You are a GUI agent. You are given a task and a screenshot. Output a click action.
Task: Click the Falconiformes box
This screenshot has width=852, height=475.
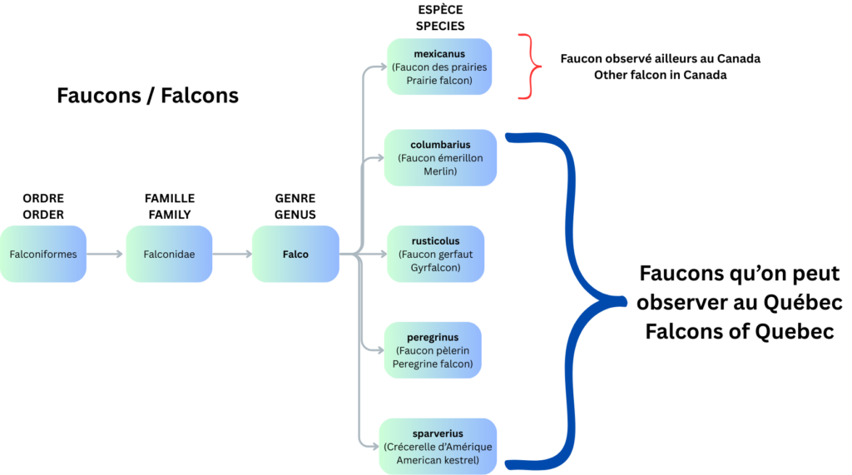point(43,254)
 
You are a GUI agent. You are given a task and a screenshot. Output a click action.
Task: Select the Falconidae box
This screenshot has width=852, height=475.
point(169,254)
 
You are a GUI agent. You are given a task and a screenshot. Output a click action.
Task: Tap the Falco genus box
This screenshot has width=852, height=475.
point(295,254)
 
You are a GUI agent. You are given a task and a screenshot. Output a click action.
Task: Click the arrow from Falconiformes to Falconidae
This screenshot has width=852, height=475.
point(106,254)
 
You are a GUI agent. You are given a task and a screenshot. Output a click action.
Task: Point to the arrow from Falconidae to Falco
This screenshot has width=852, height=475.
point(232,254)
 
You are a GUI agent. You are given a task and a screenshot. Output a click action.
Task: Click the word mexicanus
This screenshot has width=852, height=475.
point(439,54)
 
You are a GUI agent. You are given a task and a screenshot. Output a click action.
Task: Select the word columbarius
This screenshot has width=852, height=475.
point(440,145)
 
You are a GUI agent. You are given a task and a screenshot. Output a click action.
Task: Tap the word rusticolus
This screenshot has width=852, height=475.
point(435,241)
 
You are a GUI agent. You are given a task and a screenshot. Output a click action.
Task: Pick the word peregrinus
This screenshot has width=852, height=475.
point(433,338)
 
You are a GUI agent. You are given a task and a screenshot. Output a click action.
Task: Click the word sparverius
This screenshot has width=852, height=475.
point(438,433)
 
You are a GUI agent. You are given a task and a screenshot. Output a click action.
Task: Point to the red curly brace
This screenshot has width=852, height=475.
point(530,67)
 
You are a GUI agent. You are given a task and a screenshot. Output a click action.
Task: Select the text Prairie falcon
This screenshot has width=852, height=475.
point(439,81)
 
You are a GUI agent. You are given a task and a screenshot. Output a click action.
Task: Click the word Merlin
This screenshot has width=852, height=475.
point(440,171)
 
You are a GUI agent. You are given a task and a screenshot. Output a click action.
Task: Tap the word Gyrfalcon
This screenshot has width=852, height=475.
point(435,268)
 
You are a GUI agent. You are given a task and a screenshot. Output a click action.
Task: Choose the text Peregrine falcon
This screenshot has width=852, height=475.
point(433,364)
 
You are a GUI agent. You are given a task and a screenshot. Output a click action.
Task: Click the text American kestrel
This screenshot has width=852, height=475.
point(438,460)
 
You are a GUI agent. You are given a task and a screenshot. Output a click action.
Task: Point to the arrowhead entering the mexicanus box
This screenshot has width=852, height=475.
point(381,67)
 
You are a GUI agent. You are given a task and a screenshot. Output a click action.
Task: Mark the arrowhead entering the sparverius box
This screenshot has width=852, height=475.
point(374,447)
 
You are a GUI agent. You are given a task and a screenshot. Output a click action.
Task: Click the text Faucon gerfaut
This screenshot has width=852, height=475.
point(435,255)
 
